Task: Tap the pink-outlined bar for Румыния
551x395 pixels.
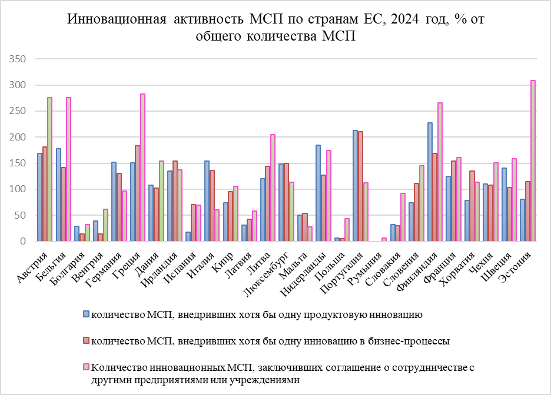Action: coord(384,239)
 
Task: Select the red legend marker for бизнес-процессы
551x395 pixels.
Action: coord(86,341)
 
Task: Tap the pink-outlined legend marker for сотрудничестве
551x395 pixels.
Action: coord(86,367)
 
